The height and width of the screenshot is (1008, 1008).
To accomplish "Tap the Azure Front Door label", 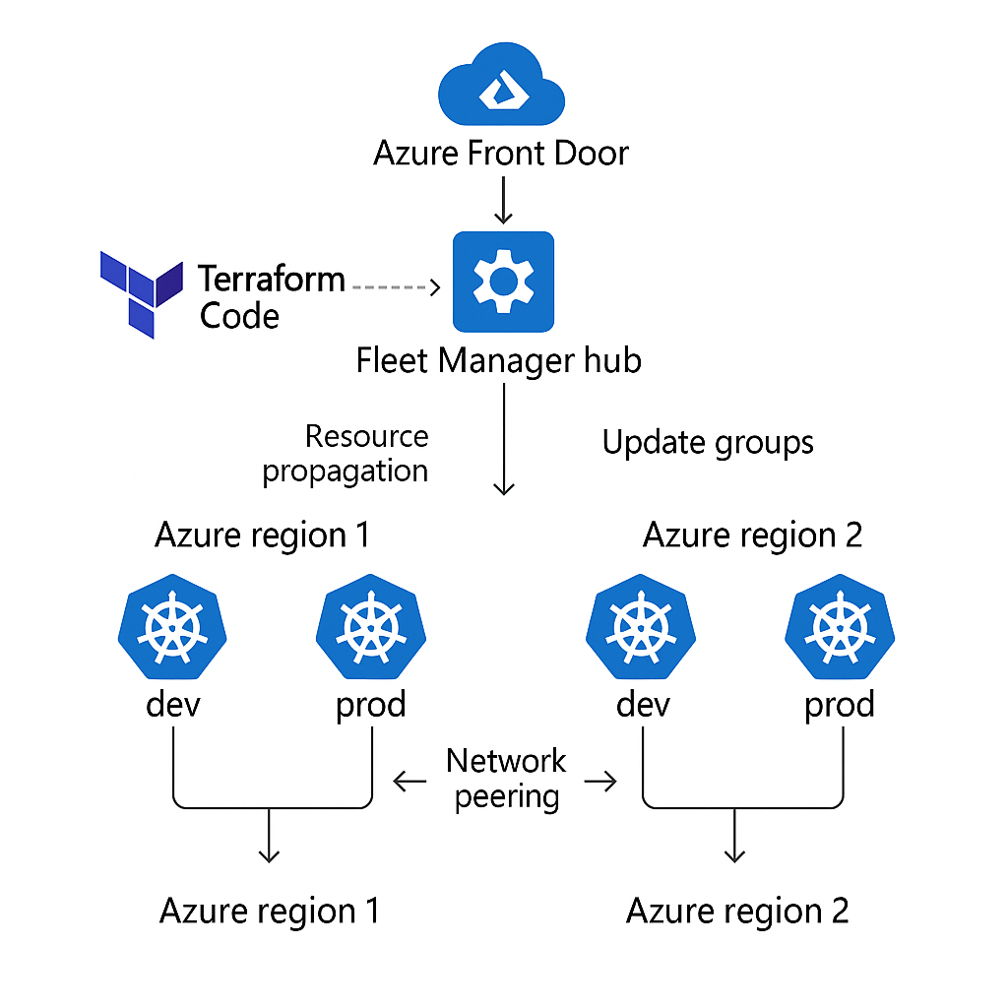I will [x=501, y=154].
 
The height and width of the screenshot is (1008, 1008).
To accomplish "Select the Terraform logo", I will [x=141, y=292].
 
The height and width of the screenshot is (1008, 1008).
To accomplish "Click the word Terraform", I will [x=272, y=280].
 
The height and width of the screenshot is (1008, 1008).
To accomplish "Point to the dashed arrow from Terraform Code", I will [x=395, y=286].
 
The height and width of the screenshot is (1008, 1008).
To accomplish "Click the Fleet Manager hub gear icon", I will [x=503, y=283].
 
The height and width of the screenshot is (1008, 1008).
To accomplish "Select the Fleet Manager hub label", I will [x=498, y=360].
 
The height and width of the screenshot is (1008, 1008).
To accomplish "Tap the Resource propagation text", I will [x=346, y=453].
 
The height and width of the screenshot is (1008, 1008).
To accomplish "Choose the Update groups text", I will [x=708, y=443].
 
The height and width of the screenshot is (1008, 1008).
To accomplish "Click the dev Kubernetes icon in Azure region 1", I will [x=172, y=631].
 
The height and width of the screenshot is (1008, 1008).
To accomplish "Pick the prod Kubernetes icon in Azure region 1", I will [x=370, y=631].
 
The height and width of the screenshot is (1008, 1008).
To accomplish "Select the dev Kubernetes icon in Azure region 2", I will [x=641, y=631].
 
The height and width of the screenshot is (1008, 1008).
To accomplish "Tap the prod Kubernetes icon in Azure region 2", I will [x=840, y=631].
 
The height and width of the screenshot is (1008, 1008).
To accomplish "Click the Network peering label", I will [x=506, y=778].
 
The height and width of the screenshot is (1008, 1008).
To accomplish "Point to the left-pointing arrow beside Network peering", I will [x=409, y=783].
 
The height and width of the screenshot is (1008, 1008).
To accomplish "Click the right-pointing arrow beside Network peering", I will [x=599, y=783].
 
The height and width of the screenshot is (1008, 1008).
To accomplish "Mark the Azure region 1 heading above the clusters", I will [x=263, y=535].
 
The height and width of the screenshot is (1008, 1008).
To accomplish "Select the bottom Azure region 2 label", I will [x=737, y=911].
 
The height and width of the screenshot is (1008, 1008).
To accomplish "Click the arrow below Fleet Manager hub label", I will [x=504, y=438].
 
